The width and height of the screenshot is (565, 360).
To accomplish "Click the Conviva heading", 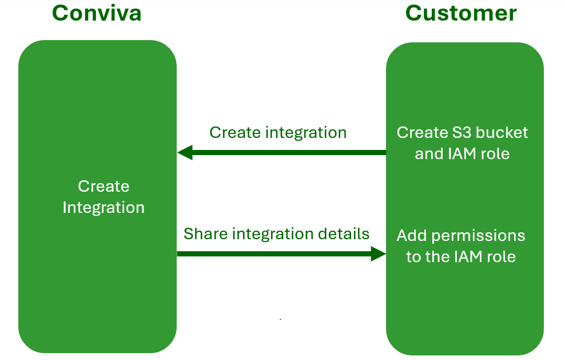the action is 97,13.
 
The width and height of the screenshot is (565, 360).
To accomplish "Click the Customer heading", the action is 461,13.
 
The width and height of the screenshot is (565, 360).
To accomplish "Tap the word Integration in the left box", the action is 104,208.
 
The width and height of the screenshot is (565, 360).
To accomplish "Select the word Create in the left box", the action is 104,187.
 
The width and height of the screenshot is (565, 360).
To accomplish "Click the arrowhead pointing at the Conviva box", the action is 185,153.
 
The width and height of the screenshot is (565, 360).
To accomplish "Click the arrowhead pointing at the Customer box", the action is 379,254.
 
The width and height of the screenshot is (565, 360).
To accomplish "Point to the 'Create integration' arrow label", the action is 278,133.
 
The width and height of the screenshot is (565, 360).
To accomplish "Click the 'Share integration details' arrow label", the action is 276,234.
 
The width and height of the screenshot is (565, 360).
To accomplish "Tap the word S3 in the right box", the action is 461,133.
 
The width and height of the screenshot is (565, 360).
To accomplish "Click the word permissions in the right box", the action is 478,236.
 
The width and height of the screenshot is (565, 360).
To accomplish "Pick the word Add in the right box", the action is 412,236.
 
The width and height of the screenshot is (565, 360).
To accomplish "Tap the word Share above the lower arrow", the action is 205,234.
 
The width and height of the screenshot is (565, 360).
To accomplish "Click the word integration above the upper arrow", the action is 306,133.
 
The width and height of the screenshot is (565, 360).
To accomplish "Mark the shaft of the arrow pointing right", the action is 274,254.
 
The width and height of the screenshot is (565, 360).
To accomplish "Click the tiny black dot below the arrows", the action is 280,319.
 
